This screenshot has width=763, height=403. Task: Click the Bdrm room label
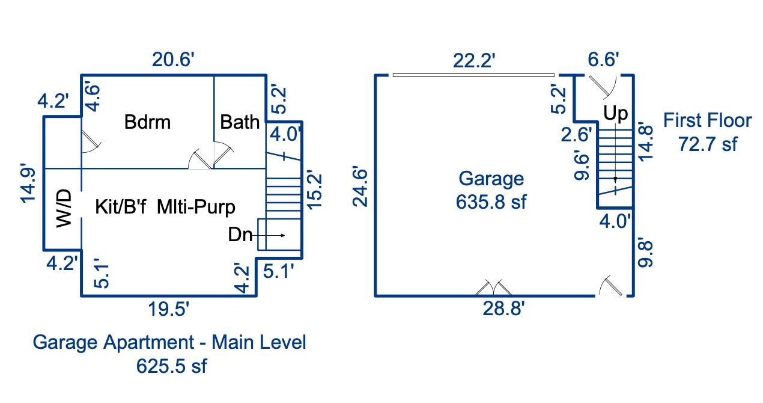pyautogui.click(x=147, y=122)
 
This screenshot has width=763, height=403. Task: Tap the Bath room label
pyautogui.click(x=240, y=122)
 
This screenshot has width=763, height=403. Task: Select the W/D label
pyautogui.click(x=64, y=208)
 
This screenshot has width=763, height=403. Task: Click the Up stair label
pyautogui.click(x=616, y=113)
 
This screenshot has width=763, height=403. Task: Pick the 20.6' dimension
pyautogui.click(x=172, y=61)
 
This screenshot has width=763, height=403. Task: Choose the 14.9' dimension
pyautogui.click(x=30, y=183)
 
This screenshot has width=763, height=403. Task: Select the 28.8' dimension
pyautogui.click(x=503, y=309)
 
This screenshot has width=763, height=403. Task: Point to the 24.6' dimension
pyautogui.click(x=360, y=186)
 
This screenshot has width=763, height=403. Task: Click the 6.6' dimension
pyautogui.click(x=603, y=60)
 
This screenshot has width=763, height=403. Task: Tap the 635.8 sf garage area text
pyautogui.click(x=490, y=202)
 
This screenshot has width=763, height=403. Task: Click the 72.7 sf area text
pyautogui.click(x=708, y=144)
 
